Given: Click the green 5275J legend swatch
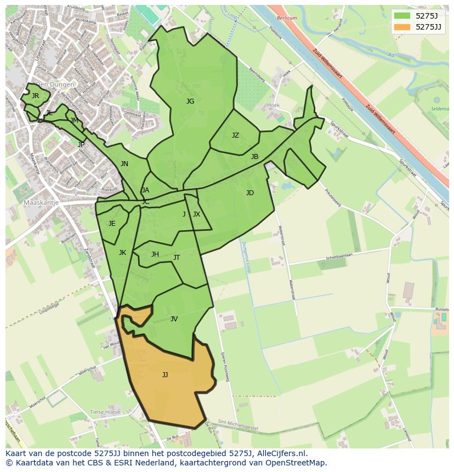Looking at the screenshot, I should point(402,16).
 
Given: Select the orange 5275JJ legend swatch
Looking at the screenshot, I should point(402,27).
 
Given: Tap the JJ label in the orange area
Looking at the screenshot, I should point(165,375).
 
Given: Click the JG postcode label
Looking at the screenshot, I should point(190,101).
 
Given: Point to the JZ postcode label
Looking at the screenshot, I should point(235,135).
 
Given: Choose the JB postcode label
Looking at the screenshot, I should point(254,157).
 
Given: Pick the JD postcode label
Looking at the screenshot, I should point(250,193).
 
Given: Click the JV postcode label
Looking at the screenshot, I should point(174,319).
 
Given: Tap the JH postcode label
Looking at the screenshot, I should point(155,254).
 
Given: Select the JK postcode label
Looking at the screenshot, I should point(122,253).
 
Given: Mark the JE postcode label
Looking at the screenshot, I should point(112,224).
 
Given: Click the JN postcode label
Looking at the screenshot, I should point(124,164).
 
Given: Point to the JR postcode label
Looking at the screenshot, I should point(36,96).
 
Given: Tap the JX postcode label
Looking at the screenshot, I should point(196,214).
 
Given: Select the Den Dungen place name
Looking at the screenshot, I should point(54,85).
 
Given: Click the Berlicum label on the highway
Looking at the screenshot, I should point(287,18).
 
